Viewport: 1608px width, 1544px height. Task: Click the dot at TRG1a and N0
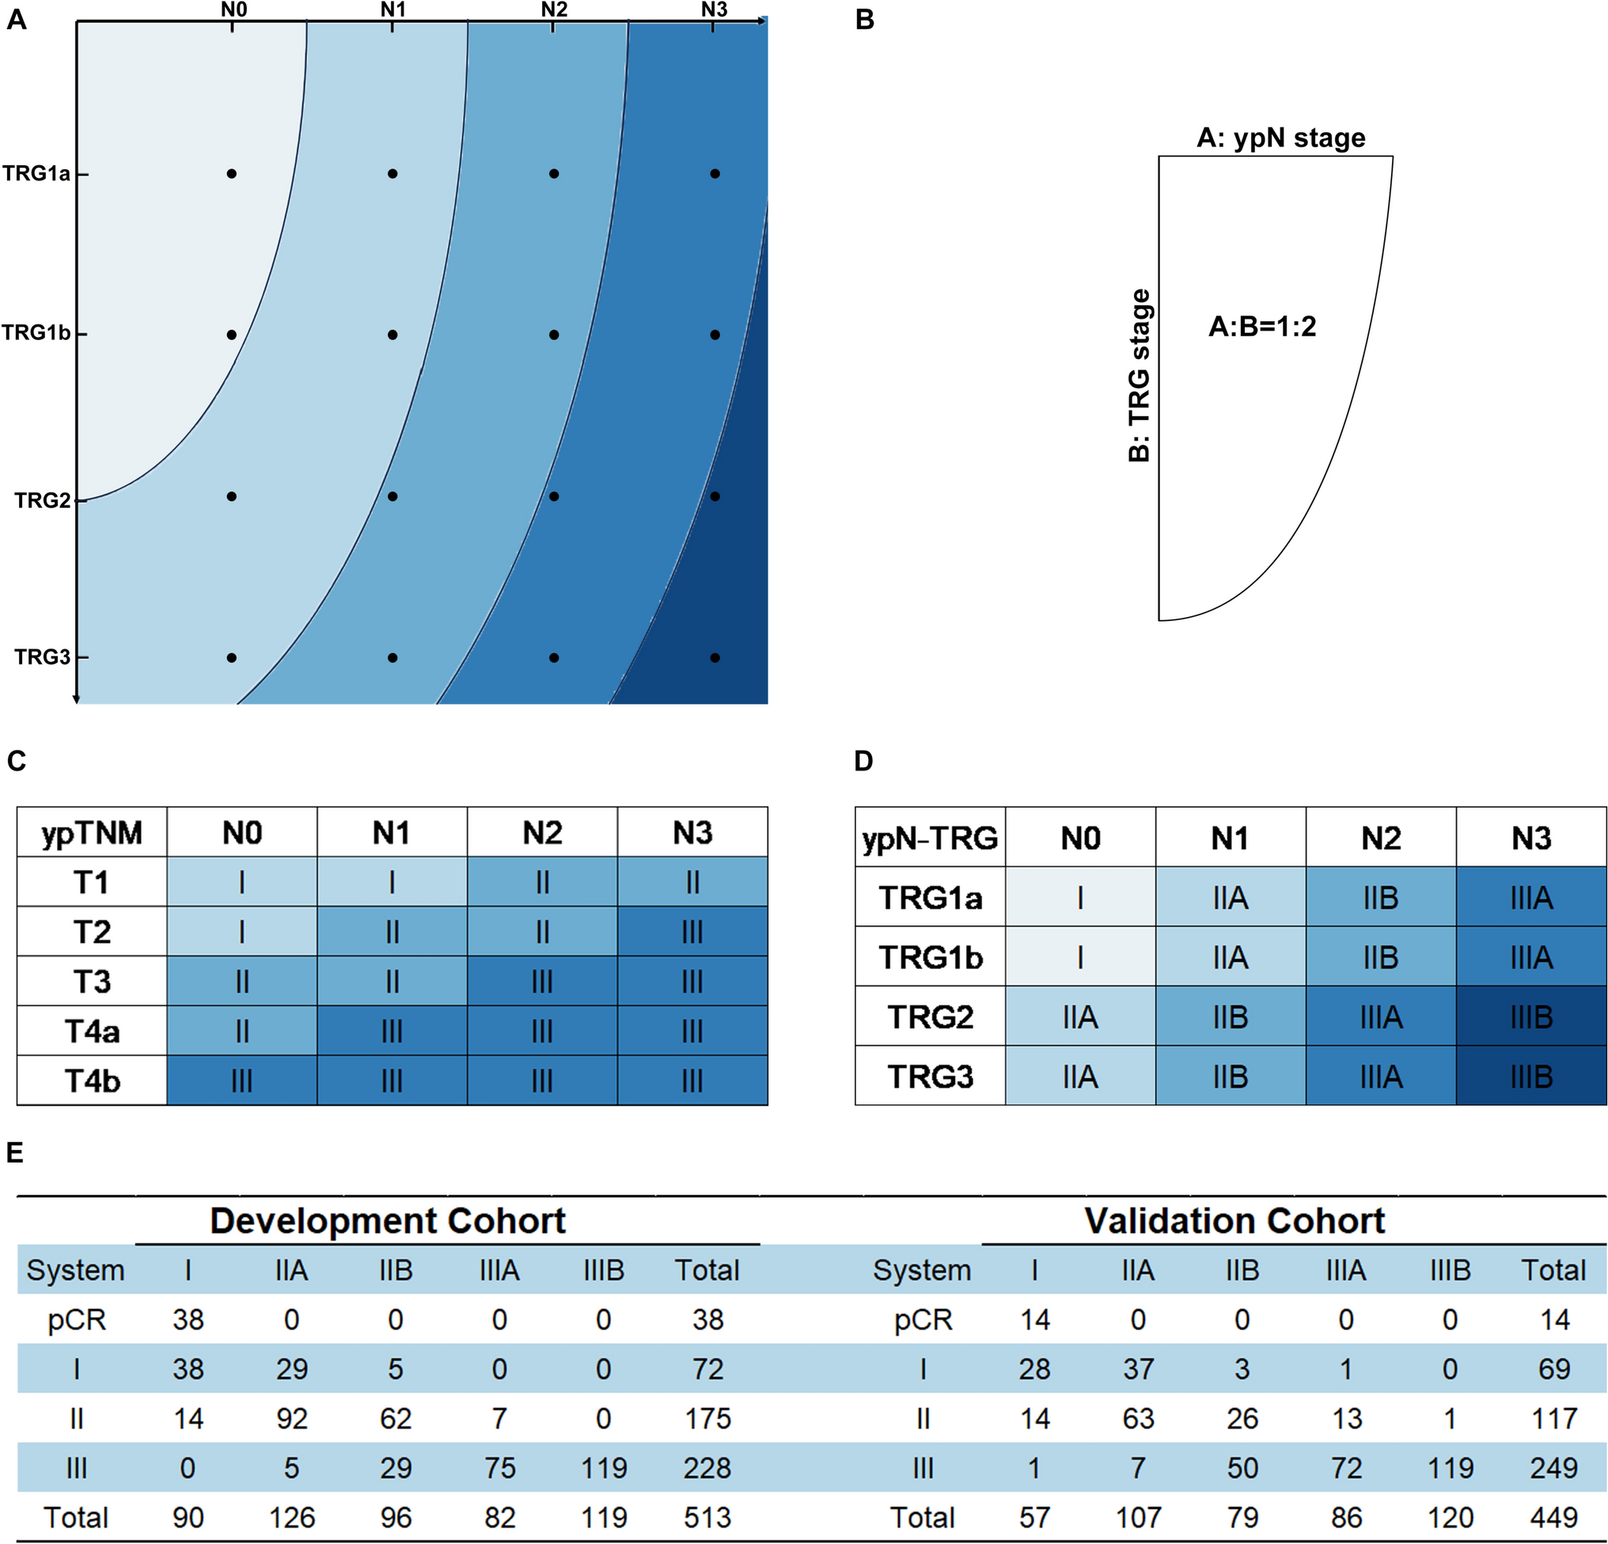click(231, 174)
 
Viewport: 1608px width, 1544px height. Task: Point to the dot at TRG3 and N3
click(715, 657)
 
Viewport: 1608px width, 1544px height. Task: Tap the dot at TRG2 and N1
click(393, 496)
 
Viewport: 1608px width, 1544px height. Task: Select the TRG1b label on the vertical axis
click(36, 333)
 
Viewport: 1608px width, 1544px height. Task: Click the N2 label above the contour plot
click(554, 9)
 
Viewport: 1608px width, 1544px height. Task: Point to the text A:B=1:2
click(1261, 327)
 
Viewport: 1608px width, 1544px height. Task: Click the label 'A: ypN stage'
click(1280, 138)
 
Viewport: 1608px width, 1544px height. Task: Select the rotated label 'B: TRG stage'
click(1140, 376)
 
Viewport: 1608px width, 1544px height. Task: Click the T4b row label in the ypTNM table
click(92, 1080)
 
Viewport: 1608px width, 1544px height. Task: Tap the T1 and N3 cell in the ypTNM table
click(692, 882)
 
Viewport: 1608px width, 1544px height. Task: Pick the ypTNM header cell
click(92, 833)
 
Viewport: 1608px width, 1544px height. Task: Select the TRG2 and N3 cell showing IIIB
click(1531, 1016)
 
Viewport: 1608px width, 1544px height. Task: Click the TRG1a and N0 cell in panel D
click(1079, 898)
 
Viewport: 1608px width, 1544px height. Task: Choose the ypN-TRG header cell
click(930, 838)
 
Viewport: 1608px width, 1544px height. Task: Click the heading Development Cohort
click(387, 1221)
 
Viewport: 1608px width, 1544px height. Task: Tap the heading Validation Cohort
click(1234, 1221)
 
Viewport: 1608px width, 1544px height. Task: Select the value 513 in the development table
click(707, 1517)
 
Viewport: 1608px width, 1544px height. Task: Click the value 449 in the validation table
click(1554, 1517)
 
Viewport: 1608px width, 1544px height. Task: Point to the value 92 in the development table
click(291, 1418)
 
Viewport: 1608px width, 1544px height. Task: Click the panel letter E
click(15, 1153)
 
